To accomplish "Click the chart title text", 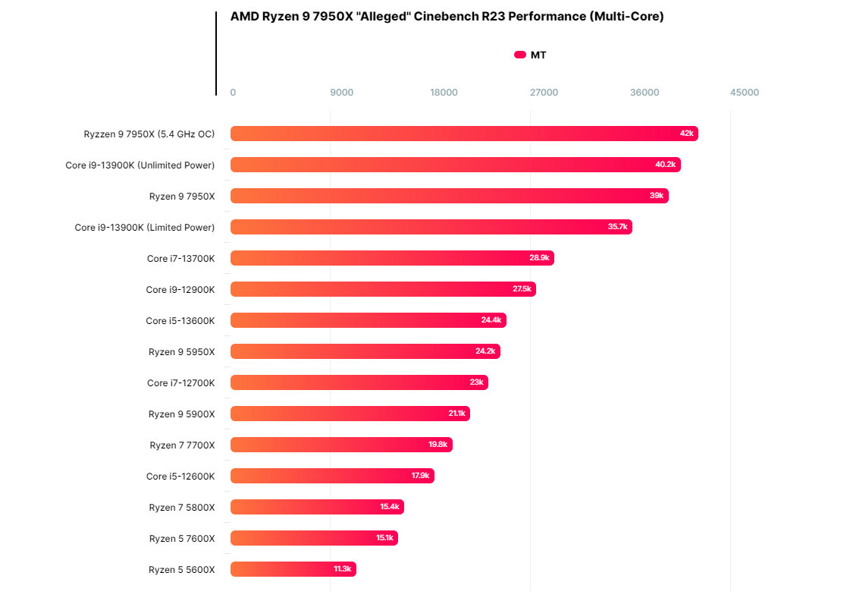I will pyautogui.click(x=447, y=17).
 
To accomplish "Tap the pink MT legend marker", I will pyautogui.click(x=520, y=55).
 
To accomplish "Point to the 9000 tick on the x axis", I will pyautogui.click(x=341, y=93).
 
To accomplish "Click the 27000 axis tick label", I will pyautogui.click(x=544, y=93).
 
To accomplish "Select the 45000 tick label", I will pyautogui.click(x=744, y=93).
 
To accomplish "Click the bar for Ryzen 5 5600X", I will pyautogui.click(x=293, y=569).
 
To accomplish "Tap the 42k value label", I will pyautogui.click(x=686, y=134).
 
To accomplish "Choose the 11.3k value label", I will pyautogui.click(x=342, y=569).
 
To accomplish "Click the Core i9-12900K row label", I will pyautogui.click(x=180, y=289).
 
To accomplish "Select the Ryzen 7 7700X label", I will pyautogui.click(x=182, y=445).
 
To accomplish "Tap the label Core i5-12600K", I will pyautogui.click(x=180, y=476).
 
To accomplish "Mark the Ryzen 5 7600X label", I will pyautogui.click(x=182, y=538).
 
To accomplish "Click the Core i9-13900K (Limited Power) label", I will pyautogui.click(x=145, y=227).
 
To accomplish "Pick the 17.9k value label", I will pyautogui.click(x=420, y=476).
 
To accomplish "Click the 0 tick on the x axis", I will pyautogui.click(x=233, y=93).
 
